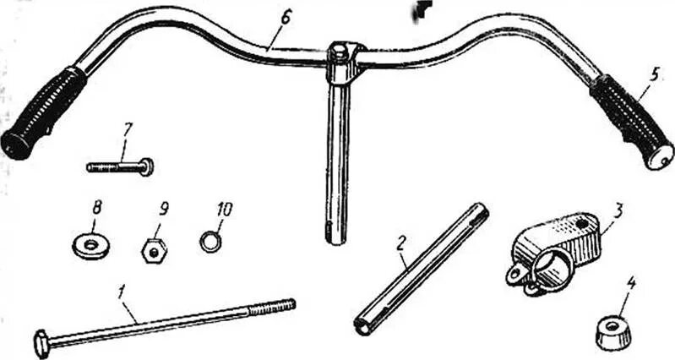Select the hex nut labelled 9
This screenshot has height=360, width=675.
point(152,250)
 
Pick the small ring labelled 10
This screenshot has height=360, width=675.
point(210,243)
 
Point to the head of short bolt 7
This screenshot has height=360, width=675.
point(148,166)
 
